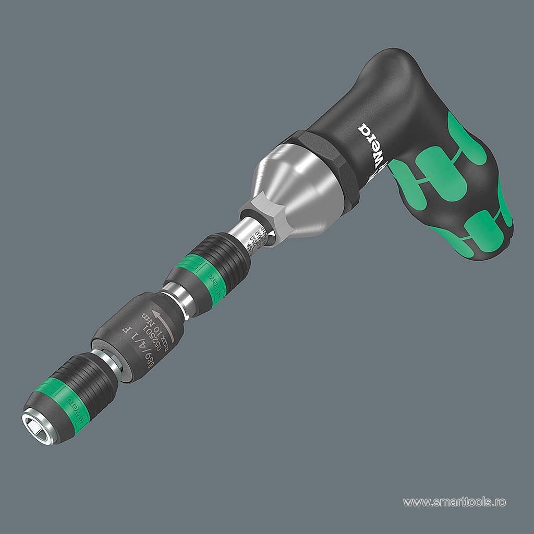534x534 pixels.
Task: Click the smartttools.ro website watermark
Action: coord(454,502)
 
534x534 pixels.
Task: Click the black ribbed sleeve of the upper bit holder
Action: coord(224,256)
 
